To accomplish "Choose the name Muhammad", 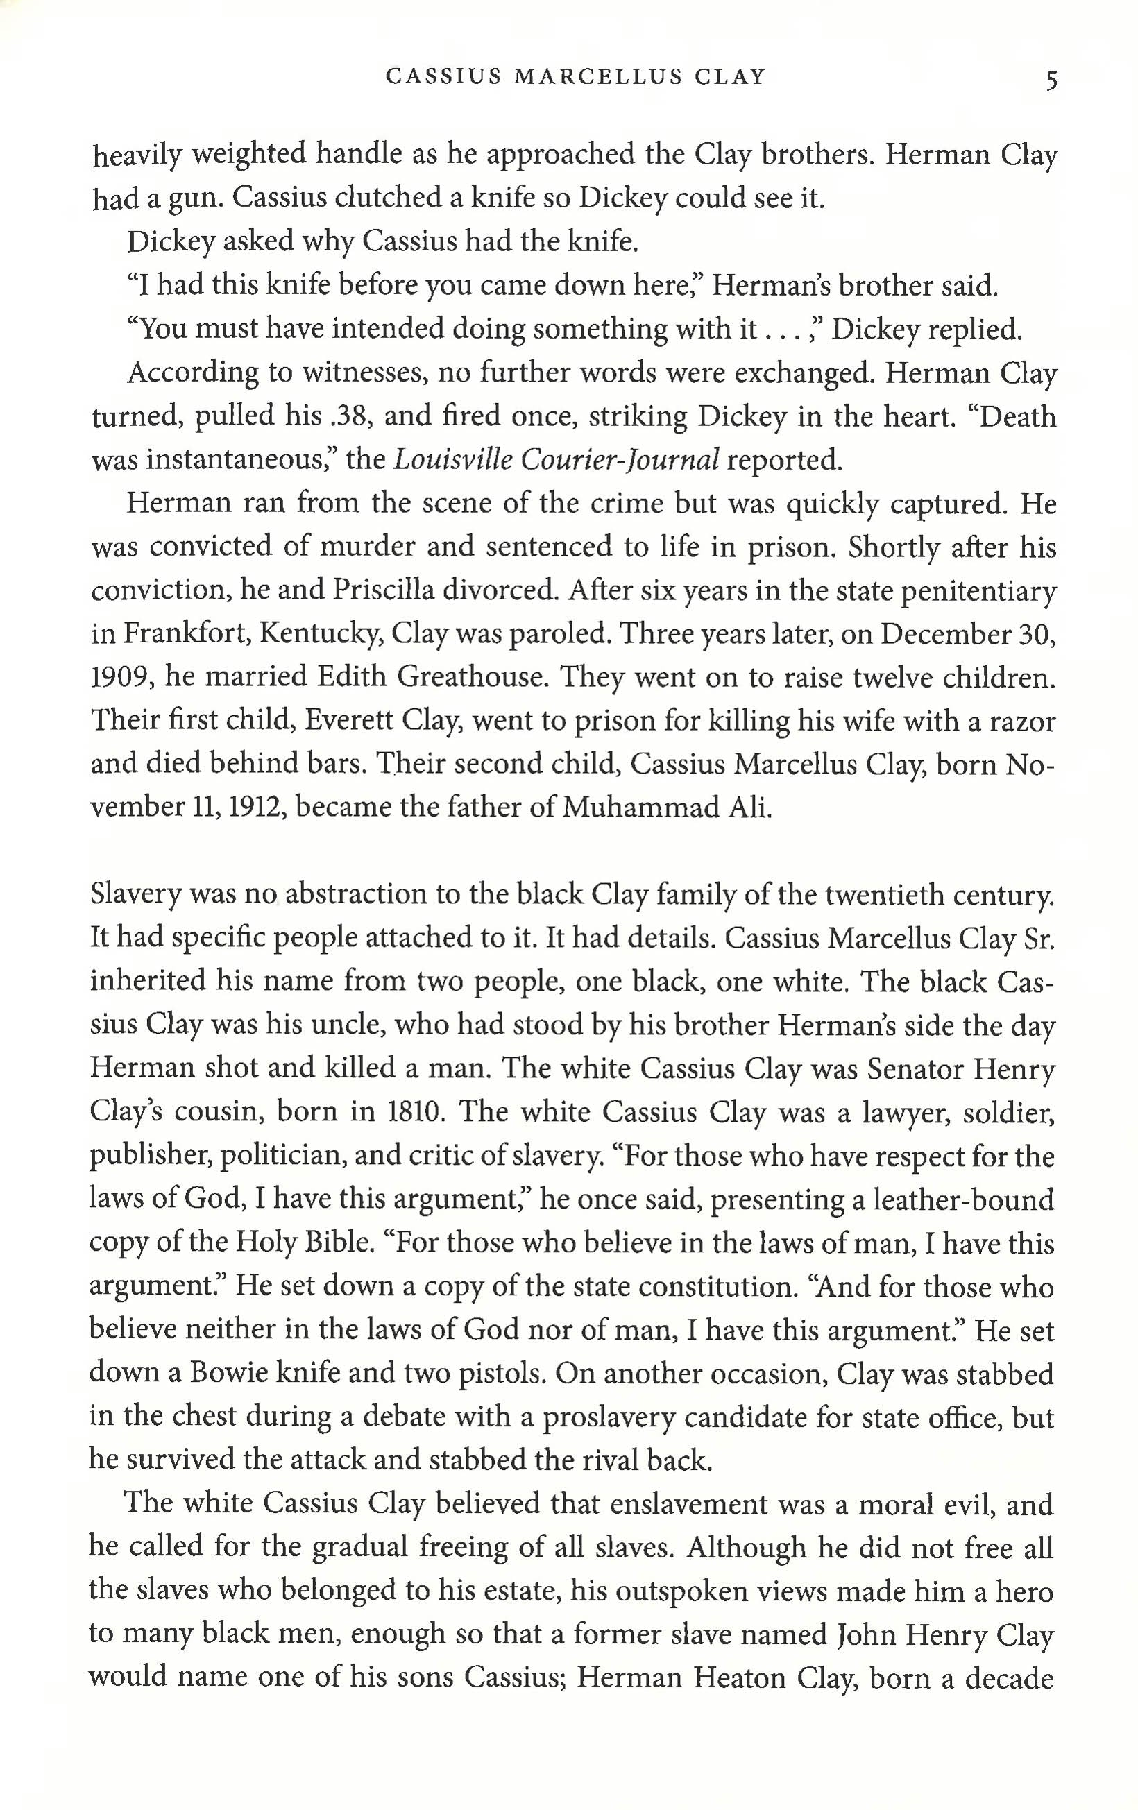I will (633, 807).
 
